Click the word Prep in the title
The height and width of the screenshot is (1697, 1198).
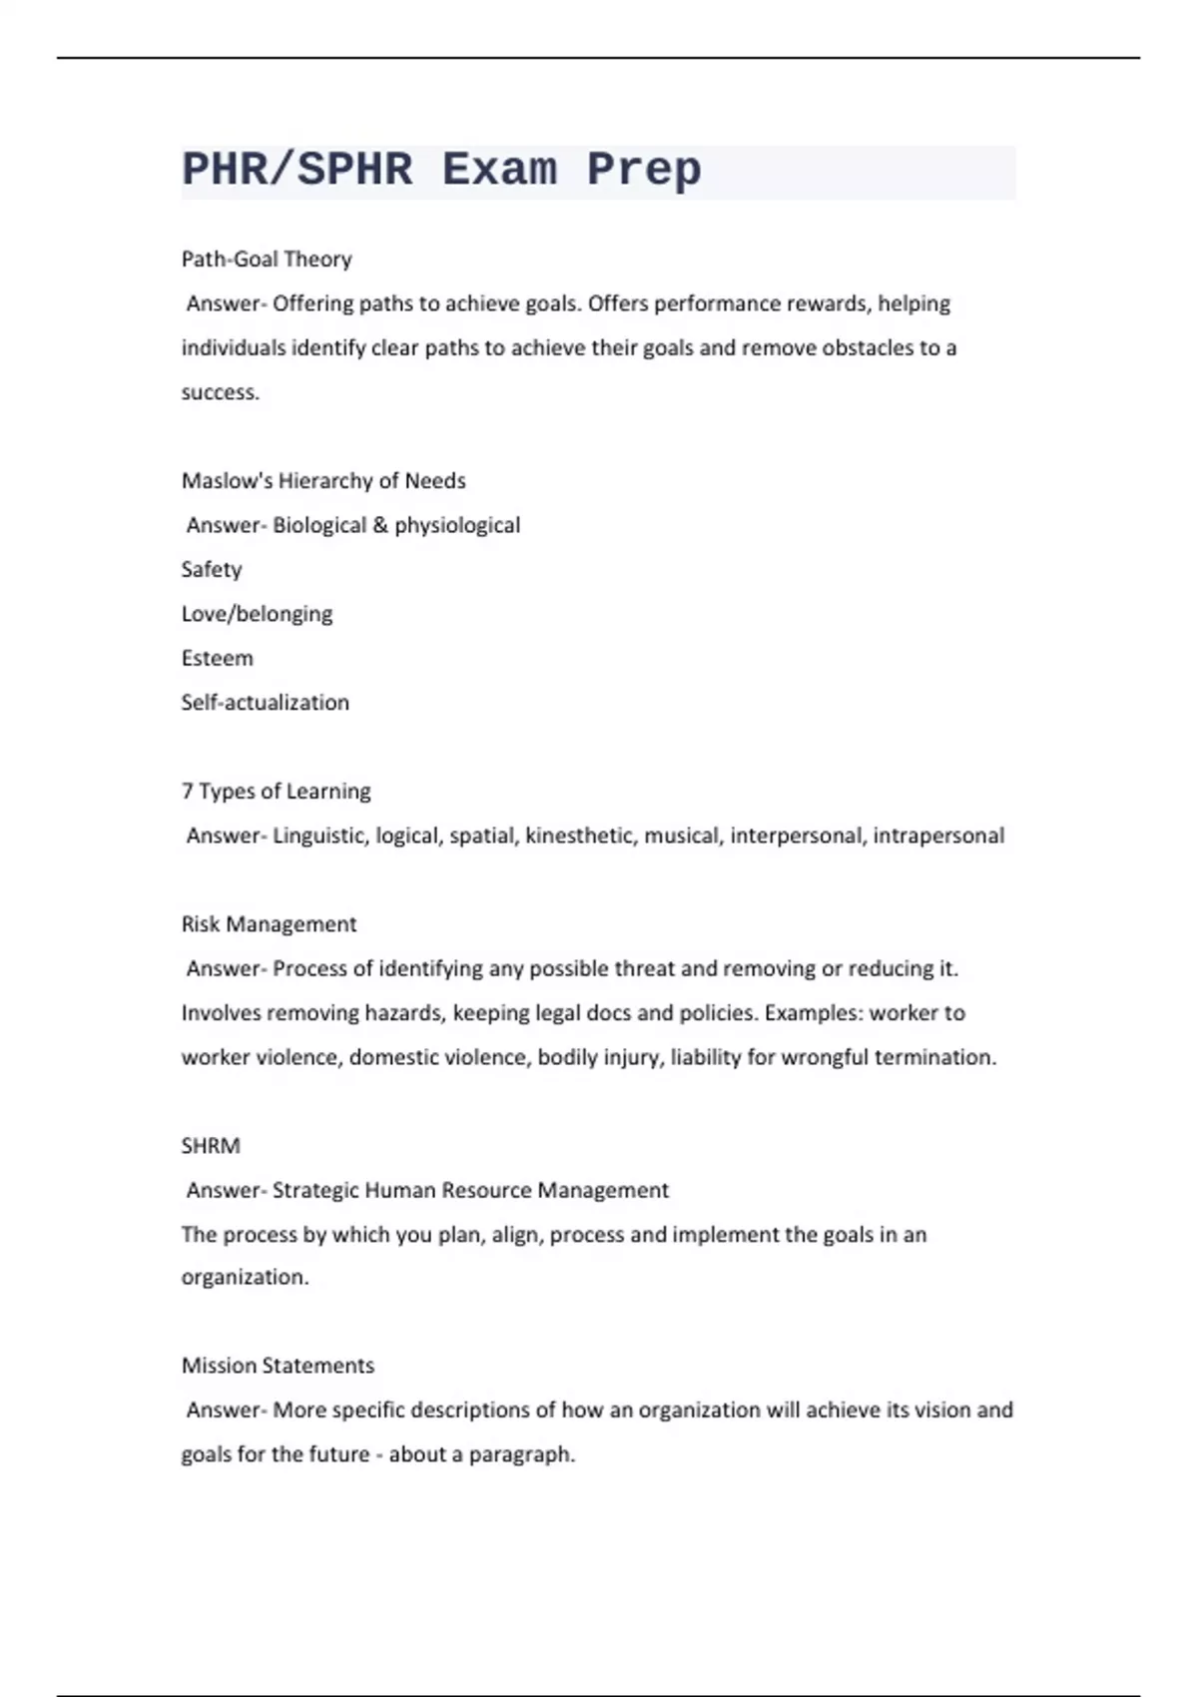(644, 170)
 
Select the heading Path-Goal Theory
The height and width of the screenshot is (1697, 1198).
(267, 260)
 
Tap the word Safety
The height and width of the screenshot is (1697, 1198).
(212, 570)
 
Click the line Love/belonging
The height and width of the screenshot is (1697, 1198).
(257, 614)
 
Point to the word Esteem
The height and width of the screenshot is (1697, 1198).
(217, 659)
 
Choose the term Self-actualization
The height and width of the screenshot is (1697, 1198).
(265, 703)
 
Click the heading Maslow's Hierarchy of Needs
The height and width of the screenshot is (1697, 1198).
(323, 481)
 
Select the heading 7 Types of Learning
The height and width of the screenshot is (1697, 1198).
(276, 792)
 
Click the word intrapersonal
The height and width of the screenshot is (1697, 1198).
(938, 836)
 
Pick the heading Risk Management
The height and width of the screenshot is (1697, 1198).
(269, 924)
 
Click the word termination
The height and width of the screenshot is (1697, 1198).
(934, 1057)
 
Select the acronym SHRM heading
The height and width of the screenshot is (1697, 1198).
(211, 1146)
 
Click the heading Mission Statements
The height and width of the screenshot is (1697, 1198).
(278, 1366)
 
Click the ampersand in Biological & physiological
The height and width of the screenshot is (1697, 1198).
(380, 525)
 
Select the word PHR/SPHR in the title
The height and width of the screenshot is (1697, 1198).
(297, 170)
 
